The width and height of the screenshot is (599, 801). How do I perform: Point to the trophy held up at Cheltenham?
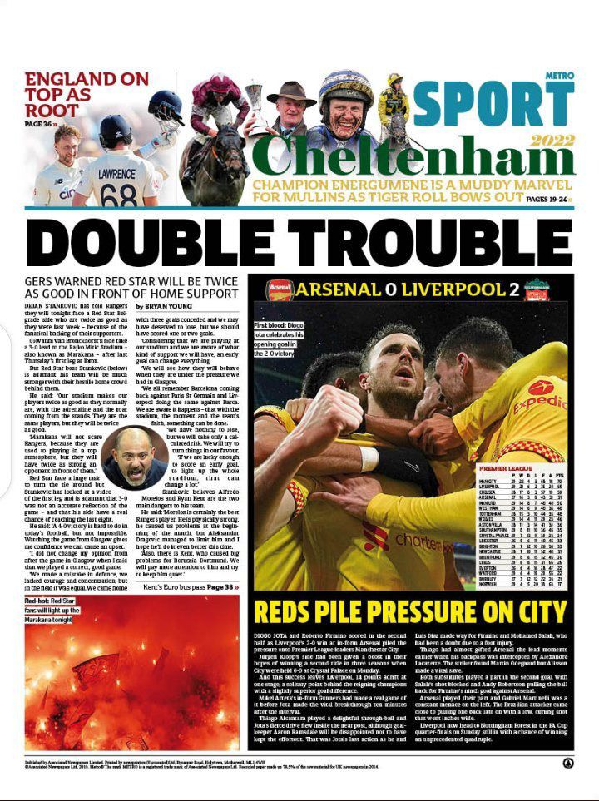click(256, 107)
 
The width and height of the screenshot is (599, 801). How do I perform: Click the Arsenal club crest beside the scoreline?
click(280, 290)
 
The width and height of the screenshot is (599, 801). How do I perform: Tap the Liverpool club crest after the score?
click(539, 291)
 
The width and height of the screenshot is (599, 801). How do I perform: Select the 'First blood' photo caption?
click(290, 336)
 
